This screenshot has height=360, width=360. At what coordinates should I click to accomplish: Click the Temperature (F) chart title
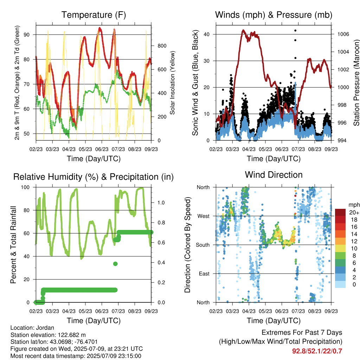(94, 15)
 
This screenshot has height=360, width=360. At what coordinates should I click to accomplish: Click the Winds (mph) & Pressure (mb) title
(274, 15)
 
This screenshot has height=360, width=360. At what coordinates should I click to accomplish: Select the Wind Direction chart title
(274, 175)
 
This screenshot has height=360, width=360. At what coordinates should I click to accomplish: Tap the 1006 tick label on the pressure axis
(343, 34)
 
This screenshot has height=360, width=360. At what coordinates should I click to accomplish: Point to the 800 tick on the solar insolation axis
(162, 46)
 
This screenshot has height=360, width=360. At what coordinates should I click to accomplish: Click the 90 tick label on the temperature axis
(27, 35)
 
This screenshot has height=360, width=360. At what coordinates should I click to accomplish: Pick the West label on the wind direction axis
(204, 216)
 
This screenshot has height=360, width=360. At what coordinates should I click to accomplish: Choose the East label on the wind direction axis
(204, 274)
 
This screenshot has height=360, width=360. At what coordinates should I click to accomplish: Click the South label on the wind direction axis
(203, 245)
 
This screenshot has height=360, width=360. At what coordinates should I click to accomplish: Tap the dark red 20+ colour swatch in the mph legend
(340, 212)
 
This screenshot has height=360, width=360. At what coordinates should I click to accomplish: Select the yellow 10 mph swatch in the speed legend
(340, 249)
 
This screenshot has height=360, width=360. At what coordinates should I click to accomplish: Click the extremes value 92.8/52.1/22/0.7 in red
(317, 351)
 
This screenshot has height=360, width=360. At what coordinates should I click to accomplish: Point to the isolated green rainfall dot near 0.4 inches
(115, 264)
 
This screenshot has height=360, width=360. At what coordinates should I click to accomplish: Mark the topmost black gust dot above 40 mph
(295, 31)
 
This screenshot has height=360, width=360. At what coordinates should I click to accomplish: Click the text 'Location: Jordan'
(32, 328)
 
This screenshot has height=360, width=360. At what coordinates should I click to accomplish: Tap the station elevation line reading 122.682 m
(48, 335)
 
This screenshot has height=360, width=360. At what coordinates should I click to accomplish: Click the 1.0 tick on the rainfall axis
(161, 203)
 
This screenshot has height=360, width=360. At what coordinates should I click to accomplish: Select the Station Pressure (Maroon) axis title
(356, 83)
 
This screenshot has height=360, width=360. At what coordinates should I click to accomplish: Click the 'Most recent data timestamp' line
(76, 356)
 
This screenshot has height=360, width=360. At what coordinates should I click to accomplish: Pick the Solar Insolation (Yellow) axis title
(172, 83)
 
